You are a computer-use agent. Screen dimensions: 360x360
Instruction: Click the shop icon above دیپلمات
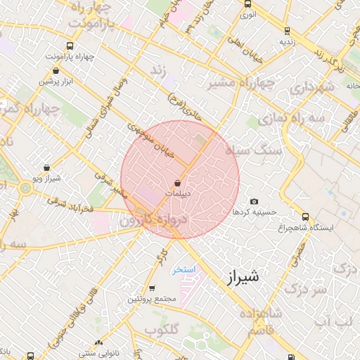(176, 183)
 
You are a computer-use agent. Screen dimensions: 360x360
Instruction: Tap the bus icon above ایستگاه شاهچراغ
(305, 217)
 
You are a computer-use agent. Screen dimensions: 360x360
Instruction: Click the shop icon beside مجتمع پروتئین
(152, 288)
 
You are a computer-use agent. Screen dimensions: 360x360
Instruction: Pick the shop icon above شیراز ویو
(46, 167)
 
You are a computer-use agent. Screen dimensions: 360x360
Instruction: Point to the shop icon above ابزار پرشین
(56, 70)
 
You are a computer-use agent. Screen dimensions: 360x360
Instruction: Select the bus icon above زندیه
(286, 30)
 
